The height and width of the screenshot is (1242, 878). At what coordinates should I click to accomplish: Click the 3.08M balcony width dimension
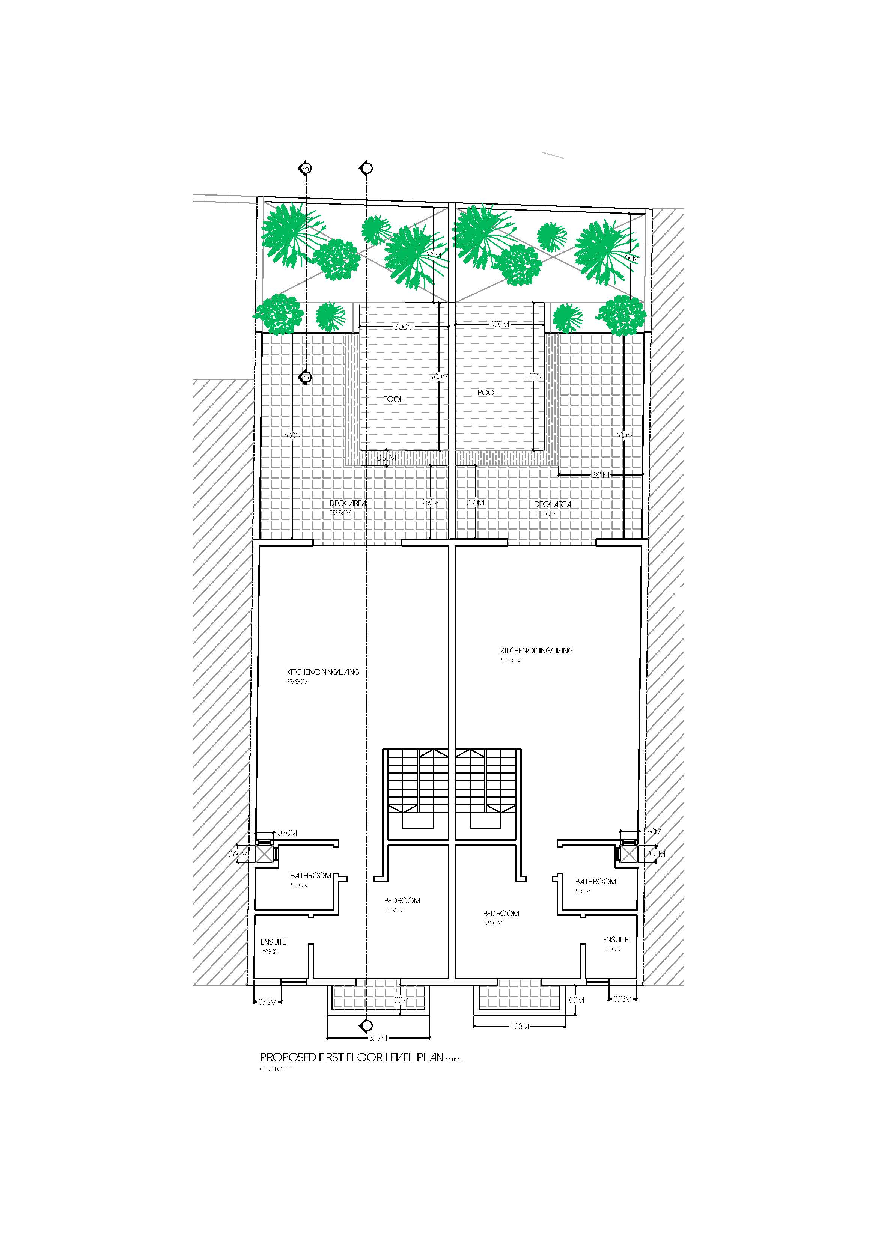click(x=518, y=1026)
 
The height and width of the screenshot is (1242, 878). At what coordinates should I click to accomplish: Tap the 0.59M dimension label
click(x=655, y=854)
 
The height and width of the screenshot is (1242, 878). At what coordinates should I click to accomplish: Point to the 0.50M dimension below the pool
click(x=386, y=458)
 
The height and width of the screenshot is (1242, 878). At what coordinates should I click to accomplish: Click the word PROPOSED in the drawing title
click(x=287, y=1058)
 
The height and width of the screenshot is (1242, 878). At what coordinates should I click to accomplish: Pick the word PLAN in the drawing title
click(x=430, y=1058)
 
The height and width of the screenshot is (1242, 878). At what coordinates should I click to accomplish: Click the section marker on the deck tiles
click(x=306, y=377)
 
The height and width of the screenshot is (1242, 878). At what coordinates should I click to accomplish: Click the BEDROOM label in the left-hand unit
click(x=402, y=901)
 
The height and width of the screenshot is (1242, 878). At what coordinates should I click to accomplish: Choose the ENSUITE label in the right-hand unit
click(x=616, y=939)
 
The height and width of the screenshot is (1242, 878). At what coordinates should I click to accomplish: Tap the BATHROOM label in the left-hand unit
click(x=310, y=875)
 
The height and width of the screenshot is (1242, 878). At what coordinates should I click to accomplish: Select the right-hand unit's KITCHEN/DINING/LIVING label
click(x=536, y=651)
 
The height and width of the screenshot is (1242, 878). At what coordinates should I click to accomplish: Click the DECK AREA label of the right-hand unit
click(x=552, y=504)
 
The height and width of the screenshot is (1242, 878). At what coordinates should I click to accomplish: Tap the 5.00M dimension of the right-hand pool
click(x=533, y=377)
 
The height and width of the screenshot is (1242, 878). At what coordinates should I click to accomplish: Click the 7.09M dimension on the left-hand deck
click(x=293, y=435)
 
